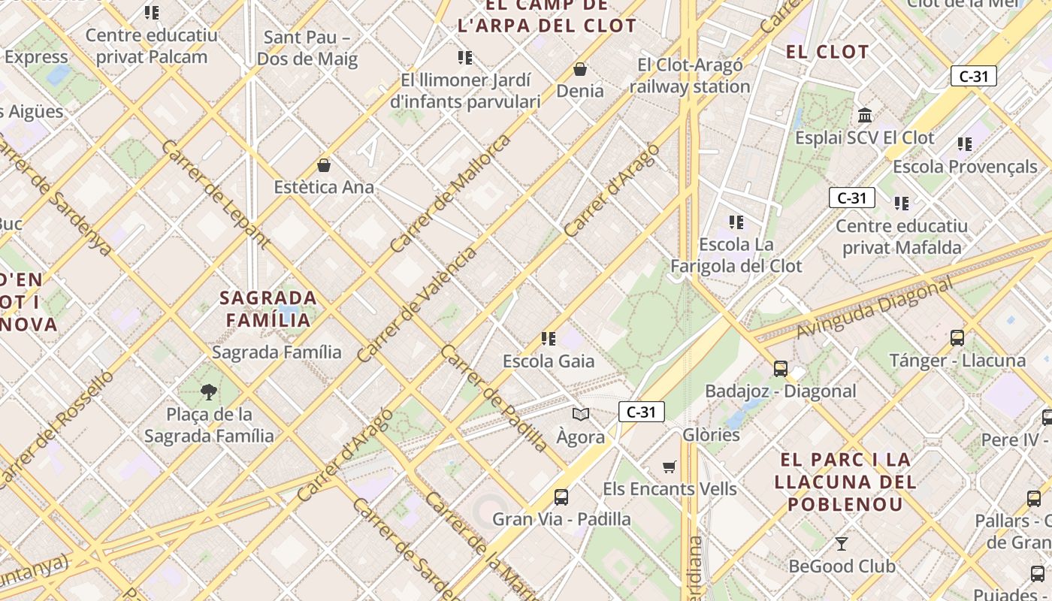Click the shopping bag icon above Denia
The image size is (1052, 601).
coord(580,69)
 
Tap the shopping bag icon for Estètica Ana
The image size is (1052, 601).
coord(324,165)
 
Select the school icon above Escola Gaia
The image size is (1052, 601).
coord(549,339)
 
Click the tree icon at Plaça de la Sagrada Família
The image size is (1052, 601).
coord(209,391)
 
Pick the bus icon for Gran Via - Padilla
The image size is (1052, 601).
coord(561,497)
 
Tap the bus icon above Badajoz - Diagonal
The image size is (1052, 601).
coord(781,369)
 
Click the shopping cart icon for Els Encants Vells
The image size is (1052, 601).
coord(670,467)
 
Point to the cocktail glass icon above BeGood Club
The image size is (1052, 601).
coord(842,543)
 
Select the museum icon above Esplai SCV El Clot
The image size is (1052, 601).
coord(865,116)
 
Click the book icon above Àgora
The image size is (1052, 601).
coord(581,414)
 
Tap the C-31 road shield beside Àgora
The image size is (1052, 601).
coord(642,412)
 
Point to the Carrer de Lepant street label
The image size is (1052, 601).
coord(215,194)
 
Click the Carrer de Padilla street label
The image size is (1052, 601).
coord(494,398)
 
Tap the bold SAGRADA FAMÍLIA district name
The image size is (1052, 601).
coord(268,309)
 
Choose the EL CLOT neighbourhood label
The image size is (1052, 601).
coord(827,52)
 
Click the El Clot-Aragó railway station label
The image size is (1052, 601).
coord(690,76)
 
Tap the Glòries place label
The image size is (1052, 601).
coord(711,434)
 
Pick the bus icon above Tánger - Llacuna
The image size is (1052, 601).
coord(957,338)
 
